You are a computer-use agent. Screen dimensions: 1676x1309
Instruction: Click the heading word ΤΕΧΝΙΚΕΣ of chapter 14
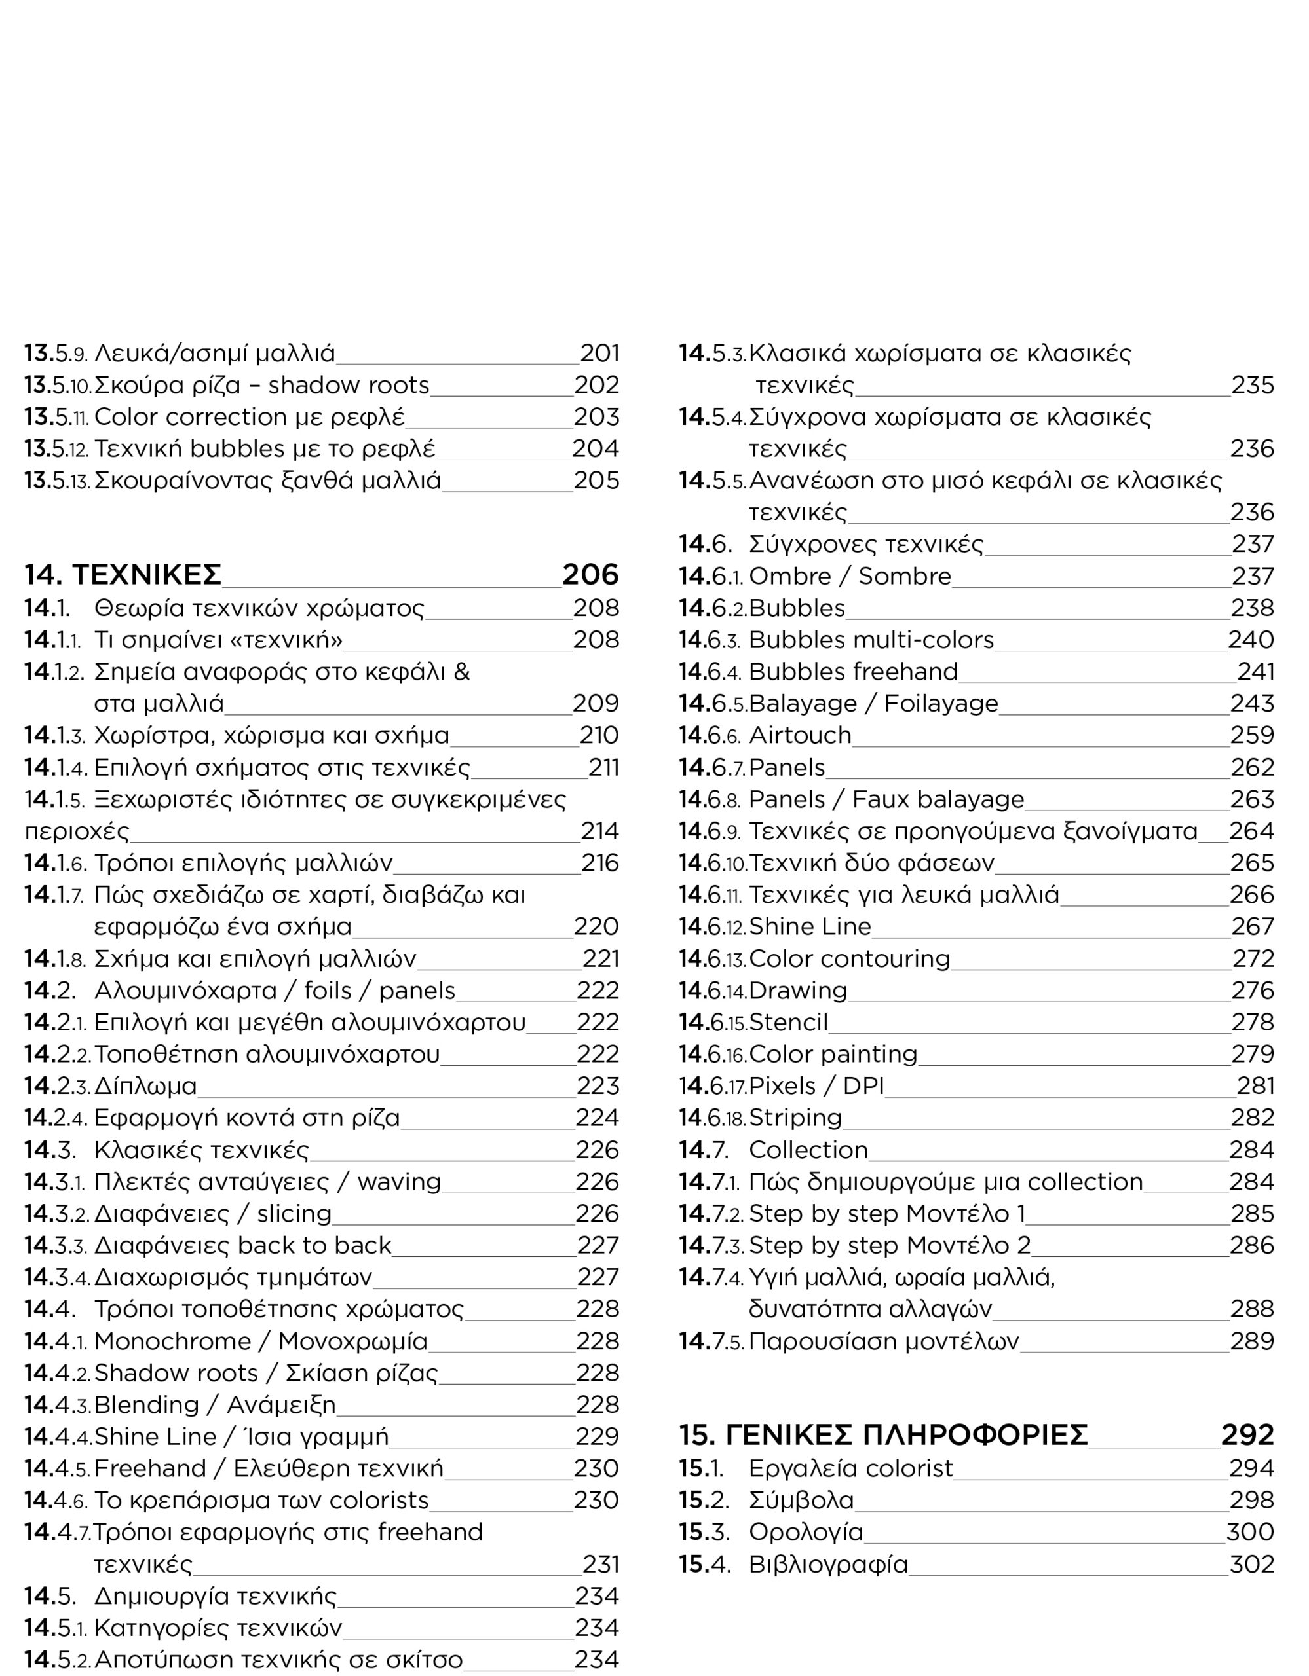[146, 574]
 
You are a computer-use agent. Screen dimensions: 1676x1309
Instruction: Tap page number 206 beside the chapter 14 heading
[590, 574]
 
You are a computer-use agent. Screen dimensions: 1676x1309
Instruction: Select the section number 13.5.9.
[57, 354]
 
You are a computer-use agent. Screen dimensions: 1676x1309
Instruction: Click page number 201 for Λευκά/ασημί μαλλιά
[599, 353]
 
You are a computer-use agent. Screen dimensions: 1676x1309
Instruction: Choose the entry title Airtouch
[800, 735]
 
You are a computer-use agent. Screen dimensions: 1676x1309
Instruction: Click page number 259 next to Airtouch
[1251, 735]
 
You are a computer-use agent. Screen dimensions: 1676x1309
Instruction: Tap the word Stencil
[788, 1022]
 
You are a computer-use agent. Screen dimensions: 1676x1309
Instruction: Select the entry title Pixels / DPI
[816, 1086]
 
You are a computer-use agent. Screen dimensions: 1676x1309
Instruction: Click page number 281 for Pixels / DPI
[1255, 1086]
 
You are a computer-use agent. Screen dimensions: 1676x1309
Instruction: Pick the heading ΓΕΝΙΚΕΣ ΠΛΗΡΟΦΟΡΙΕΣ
[907, 1434]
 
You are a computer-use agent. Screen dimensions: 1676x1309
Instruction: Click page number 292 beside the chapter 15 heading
[1247, 1434]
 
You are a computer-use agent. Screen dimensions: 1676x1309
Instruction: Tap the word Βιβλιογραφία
[828, 1564]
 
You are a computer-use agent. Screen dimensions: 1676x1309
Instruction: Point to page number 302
[1251, 1564]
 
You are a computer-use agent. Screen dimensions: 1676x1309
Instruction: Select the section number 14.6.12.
[711, 926]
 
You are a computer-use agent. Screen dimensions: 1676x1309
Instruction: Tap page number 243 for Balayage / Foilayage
[1251, 703]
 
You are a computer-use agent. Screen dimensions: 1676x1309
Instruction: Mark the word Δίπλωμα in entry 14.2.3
[145, 1086]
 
